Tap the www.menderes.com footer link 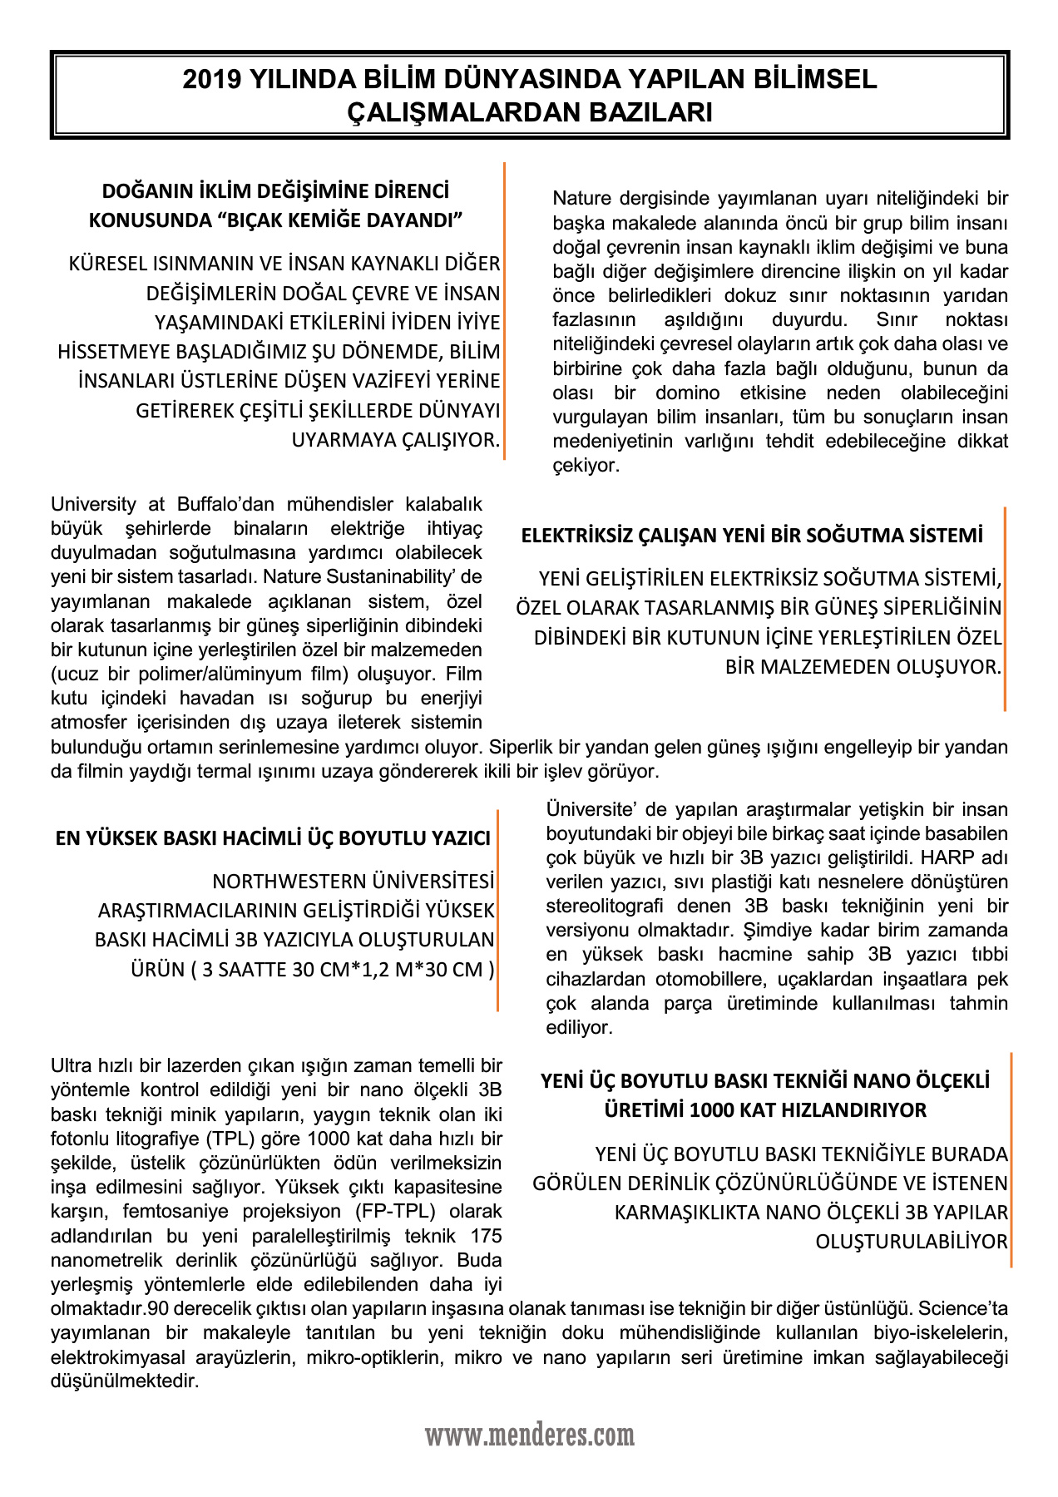pos(530,1435)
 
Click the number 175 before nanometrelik pos(486,1235)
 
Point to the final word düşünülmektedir pos(125,1381)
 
